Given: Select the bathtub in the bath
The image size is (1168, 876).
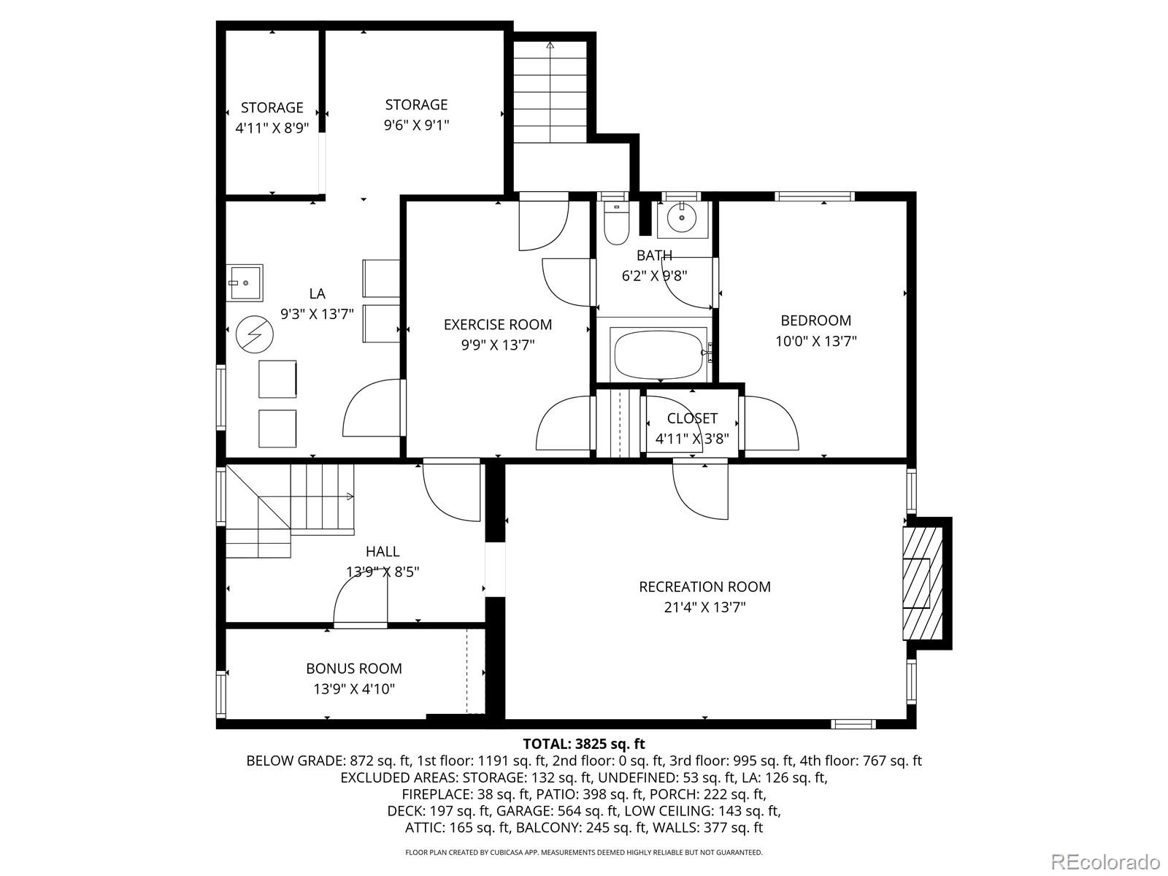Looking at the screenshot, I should point(659,354).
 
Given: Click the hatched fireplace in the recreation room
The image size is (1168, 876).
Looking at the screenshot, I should point(922,583).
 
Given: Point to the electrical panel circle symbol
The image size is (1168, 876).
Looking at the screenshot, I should point(255,335).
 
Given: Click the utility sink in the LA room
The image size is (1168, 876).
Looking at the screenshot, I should point(244,283).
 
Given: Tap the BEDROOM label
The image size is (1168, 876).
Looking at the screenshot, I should point(815,320).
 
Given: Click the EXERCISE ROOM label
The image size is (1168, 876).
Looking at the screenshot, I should point(498,325).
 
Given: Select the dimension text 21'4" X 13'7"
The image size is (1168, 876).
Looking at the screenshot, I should point(704,607).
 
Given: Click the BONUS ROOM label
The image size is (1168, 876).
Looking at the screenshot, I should point(354,669).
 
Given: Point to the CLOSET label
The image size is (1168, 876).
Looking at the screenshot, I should point(692,418).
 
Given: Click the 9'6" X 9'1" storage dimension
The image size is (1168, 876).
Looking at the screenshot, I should point(416,126).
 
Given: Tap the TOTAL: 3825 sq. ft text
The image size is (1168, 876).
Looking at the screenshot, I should point(584,744).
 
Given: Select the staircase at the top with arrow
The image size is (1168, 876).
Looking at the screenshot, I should point(550,91).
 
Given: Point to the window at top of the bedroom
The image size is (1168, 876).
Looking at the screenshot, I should point(814,196).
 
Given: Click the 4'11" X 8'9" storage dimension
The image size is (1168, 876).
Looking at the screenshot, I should point(272,128).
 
